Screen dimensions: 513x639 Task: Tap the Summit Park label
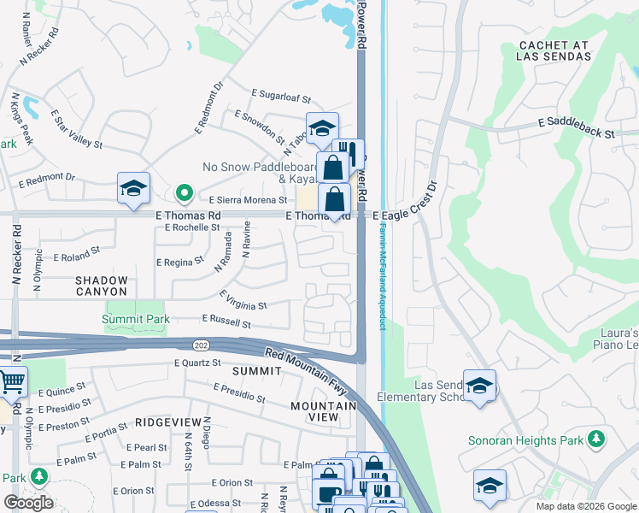[x=136, y=320]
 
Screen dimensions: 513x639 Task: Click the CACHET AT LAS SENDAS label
[x=554, y=50]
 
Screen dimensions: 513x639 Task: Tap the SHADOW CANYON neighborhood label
[x=102, y=287]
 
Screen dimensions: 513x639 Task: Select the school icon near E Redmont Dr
[x=134, y=188]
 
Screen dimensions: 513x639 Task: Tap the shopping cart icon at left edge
[x=12, y=381]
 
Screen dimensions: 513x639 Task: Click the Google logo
[x=29, y=503]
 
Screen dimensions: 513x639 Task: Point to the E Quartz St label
[x=198, y=363]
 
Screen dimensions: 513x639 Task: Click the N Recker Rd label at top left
[x=40, y=44]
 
